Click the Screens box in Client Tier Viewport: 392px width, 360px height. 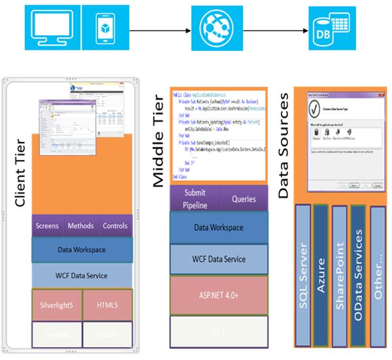pyautogui.click(x=48, y=226)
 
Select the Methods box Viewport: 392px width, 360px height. pyautogui.click(x=81, y=226)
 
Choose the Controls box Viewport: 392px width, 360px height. pyautogui.click(x=116, y=226)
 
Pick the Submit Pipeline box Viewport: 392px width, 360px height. pyautogui.click(x=195, y=199)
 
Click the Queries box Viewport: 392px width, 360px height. pyautogui.click(x=244, y=199)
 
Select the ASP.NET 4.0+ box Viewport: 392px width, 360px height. pyautogui.click(x=219, y=295)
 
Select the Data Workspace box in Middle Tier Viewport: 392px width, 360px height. pyautogui.click(x=219, y=227)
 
